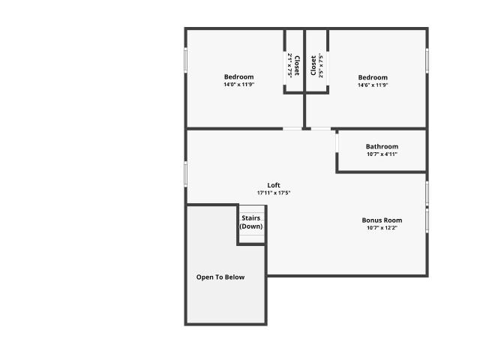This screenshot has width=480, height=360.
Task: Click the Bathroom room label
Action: [382, 147]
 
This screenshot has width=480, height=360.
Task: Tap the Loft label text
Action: [274, 185]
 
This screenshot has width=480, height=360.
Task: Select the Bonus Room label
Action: [382, 220]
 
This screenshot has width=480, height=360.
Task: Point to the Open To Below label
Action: [220, 277]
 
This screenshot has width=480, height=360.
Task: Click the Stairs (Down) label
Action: [251, 222]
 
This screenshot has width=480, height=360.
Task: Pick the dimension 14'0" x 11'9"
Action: [239, 85]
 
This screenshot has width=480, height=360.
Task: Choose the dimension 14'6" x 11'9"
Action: [373, 85]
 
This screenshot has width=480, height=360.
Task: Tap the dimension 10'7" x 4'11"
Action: [382, 154]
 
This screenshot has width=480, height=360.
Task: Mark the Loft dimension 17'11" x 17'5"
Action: [274, 193]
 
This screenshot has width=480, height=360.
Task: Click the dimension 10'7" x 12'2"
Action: [382, 228]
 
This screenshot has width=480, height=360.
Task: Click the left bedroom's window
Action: [185, 60]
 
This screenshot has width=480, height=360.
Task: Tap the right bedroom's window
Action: [427, 61]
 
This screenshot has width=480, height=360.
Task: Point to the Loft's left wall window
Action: [185, 174]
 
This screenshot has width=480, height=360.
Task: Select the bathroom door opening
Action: [337, 143]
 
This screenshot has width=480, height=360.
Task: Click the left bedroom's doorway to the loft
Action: [292, 129]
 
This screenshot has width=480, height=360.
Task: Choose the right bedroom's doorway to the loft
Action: [321, 129]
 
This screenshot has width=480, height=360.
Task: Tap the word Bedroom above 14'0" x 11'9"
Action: [238, 76]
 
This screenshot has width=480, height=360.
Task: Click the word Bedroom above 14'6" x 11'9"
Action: [373, 77]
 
